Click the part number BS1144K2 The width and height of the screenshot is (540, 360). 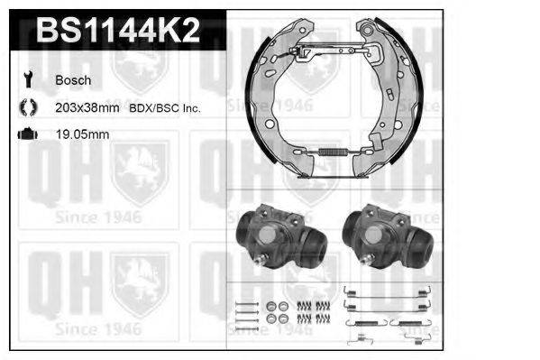point(117,32)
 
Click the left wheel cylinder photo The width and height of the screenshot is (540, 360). point(278,236)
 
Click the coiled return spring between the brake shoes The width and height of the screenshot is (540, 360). point(333,154)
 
